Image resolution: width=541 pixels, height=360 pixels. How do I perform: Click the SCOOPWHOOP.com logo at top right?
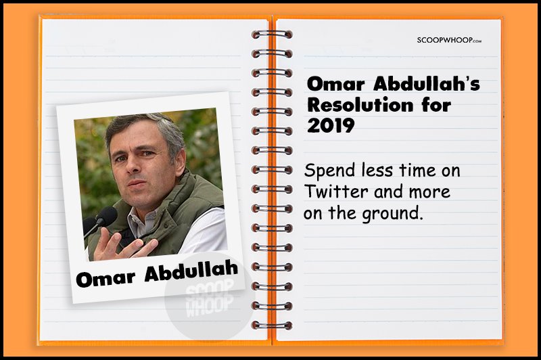tap(449, 40)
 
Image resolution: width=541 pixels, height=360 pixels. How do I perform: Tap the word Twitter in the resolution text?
tap(335, 192)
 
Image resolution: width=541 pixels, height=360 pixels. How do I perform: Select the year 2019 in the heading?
tap(331, 125)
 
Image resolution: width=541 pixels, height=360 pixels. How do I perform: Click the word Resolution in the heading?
tap(360, 105)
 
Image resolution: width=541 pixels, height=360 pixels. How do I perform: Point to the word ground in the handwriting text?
tap(392, 214)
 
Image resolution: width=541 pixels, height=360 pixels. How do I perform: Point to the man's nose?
tap(131, 165)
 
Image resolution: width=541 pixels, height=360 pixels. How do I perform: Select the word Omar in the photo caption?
tap(105, 278)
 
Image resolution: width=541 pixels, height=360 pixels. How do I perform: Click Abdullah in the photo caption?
tap(191, 271)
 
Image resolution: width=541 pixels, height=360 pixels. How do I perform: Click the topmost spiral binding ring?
tap(272, 34)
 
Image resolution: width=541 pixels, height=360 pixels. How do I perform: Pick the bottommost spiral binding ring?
tap(272, 325)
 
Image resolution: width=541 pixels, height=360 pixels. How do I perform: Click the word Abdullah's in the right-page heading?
tap(427, 84)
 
